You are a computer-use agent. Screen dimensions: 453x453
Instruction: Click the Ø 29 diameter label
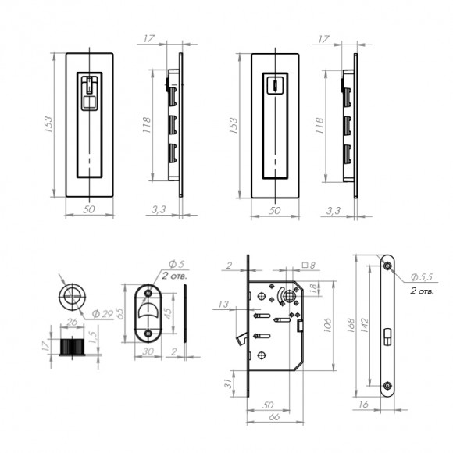(102, 314)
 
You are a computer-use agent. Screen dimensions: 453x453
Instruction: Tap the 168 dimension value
(351, 326)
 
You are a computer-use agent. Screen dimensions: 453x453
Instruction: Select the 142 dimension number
(365, 326)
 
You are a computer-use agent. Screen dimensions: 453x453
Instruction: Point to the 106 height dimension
(328, 326)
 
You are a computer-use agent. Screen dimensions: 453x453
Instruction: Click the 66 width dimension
(274, 416)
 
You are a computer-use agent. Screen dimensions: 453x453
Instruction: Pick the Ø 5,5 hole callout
(422, 277)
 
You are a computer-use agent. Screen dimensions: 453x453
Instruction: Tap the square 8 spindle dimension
(309, 265)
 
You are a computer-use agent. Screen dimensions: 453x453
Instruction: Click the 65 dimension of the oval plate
(120, 313)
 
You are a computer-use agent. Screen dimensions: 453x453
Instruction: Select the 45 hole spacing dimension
(168, 312)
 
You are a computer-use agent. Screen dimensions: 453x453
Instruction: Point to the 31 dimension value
(228, 383)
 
